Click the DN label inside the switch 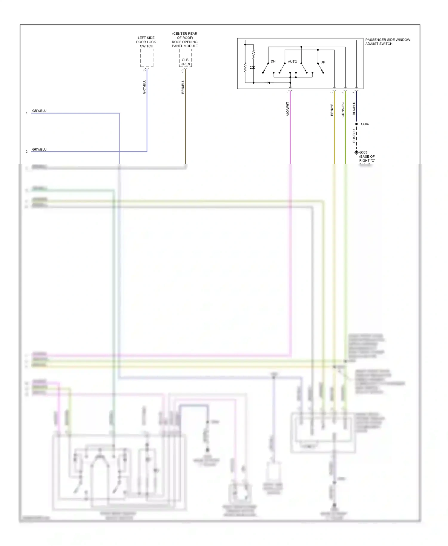[273, 62]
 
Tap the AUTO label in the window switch [292, 62]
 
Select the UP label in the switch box [323, 62]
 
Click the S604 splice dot [356, 124]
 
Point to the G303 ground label [363, 152]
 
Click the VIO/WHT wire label [288, 109]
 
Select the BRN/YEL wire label [332, 109]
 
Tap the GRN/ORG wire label [343, 109]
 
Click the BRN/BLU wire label [183, 87]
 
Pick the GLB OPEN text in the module [185, 62]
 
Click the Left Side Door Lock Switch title [146, 42]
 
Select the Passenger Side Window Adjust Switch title [387, 42]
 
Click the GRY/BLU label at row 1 [39, 111]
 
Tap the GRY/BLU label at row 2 [39, 149]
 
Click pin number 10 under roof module [183, 71]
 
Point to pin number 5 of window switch [354, 92]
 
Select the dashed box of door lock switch [147, 58]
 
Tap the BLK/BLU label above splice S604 [354, 108]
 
